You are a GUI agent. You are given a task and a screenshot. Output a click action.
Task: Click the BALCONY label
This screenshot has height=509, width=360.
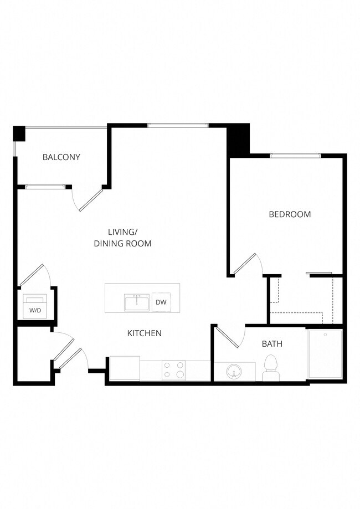(61, 157)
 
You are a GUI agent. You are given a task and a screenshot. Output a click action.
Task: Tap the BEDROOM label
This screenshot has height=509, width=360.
(290, 214)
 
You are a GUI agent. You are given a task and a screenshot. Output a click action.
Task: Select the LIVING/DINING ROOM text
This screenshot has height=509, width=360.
(122, 238)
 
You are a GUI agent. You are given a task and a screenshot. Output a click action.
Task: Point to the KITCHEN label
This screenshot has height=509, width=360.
(145, 333)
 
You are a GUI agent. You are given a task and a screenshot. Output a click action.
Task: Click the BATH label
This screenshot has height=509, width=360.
(272, 344)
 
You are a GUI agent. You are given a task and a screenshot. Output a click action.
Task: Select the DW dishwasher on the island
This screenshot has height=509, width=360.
(161, 302)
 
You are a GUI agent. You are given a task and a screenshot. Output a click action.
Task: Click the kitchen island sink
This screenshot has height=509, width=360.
(136, 303)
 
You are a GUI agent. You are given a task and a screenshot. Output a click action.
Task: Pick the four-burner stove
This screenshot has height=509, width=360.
(173, 370)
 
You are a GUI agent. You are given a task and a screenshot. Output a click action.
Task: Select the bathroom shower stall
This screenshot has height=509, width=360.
(325, 354)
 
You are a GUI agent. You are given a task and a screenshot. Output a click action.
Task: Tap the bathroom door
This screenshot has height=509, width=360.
(227, 337)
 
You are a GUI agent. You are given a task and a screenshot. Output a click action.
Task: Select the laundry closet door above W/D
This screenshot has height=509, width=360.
(33, 275)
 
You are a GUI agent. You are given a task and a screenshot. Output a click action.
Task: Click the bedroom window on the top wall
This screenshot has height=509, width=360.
(295, 156)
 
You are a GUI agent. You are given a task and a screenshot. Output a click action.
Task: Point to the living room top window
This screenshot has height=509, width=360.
(178, 126)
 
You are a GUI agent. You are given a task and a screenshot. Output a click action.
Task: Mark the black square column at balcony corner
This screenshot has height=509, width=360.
(19, 133)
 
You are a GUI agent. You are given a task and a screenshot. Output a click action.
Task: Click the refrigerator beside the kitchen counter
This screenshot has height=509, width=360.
(125, 368)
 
